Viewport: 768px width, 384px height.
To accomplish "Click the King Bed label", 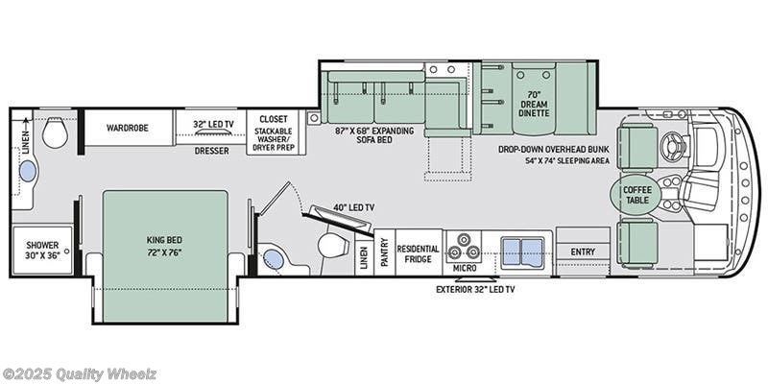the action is click(164, 245).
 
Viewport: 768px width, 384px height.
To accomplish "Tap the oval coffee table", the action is click(636, 195).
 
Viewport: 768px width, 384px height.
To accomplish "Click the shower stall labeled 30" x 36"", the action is click(42, 250).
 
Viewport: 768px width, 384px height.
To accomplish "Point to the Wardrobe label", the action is click(128, 128).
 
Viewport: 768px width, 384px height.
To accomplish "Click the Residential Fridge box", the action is click(419, 252).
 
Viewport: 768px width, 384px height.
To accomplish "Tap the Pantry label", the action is click(384, 252).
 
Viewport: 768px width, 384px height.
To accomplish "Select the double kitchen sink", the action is click(522, 252).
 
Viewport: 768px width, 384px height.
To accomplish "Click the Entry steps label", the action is click(583, 252).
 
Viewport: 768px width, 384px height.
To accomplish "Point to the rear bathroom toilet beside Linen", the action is click(55, 133).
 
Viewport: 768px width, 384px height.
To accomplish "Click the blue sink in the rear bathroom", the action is click(28, 171).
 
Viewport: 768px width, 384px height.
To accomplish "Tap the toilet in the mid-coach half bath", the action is click(332, 245).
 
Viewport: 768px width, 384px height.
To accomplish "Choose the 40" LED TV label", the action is click(353, 207).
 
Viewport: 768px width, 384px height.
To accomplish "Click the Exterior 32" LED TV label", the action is click(475, 290).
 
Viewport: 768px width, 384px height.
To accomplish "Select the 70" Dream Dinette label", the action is click(534, 105).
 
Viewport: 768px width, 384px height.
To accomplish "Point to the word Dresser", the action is click(211, 151).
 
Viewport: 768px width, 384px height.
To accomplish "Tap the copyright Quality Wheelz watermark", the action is click(80, 375).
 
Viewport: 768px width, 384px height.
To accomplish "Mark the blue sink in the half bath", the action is click(274, 259).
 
